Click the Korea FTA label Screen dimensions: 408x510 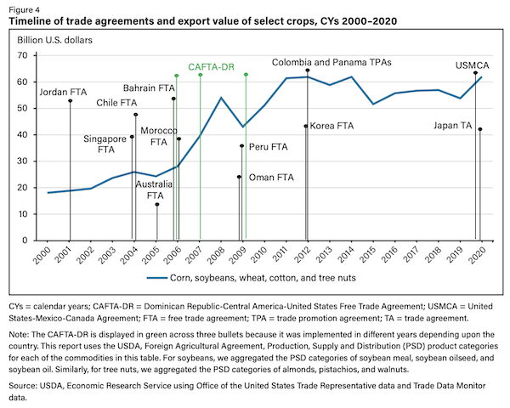(x=332, y=126)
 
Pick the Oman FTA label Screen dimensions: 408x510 (x=265, y=177)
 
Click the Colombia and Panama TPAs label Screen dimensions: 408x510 (x=323, y=62)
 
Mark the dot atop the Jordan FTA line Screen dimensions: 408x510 (x=70, y=100)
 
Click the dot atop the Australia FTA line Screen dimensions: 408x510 (x=156, y=204)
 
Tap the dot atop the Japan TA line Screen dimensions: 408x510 (x=480, y=129)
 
